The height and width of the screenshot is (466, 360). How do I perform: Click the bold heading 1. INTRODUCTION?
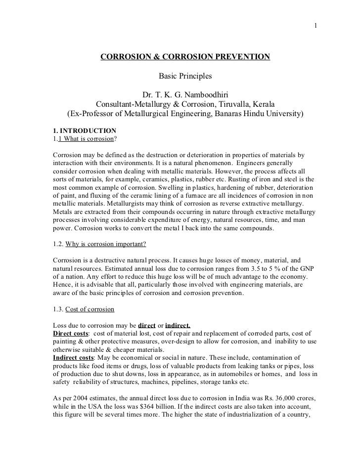84,130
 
